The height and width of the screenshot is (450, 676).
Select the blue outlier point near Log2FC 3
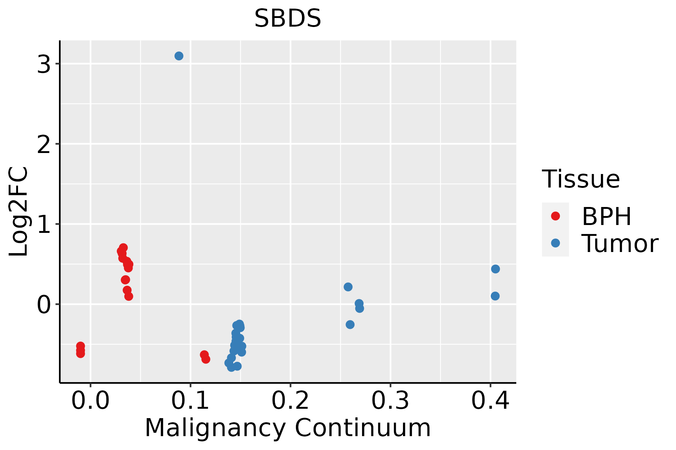(179, 56)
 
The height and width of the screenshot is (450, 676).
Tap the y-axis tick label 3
(44, 64)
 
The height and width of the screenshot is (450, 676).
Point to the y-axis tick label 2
(44, 145)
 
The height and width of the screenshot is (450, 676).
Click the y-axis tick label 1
(44, 225)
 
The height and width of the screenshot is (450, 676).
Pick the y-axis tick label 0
(44, 305)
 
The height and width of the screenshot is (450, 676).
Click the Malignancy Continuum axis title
(288, 428)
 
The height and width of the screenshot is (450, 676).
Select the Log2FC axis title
(19, 212)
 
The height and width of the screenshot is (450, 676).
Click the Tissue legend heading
(581, 179)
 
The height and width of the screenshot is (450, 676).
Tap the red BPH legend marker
(555, 216)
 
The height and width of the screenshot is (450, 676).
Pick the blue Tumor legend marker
(555, 243)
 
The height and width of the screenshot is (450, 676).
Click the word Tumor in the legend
(620, 244)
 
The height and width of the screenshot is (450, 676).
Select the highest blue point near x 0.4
(495, 269)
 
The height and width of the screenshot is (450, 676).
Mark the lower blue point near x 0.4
(495, 296)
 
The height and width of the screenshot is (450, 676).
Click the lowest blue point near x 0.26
(350, 324)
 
